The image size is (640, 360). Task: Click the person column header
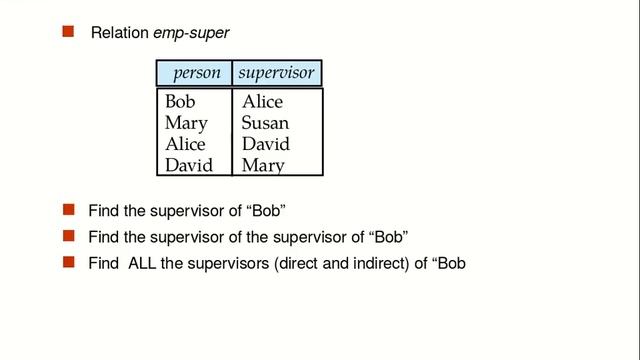point(196,73)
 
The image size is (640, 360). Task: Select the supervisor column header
point(277,73)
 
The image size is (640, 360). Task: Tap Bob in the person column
point(180,102)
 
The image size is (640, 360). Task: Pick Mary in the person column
point(186,124)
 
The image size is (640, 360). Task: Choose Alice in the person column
point(185,144)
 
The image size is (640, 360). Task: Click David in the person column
point(189,165)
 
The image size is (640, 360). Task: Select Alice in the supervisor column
point(262,102)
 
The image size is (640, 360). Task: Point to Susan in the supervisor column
point(265,124)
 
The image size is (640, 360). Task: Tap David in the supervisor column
point(266,144)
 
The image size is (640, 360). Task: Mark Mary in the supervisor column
point(263,165)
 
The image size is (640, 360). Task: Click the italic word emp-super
point(191,34)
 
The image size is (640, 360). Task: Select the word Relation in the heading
point(119,34)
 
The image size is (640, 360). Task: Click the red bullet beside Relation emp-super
point(69,33)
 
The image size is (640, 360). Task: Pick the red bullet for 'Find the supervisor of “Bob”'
point(69,211)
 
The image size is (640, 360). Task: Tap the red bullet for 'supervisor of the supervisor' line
point(69,237)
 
